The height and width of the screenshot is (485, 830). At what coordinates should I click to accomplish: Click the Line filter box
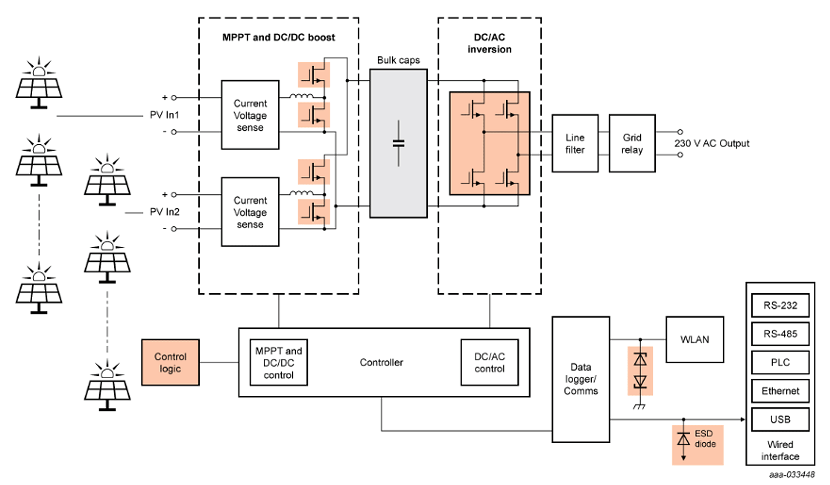(x=575, y=143)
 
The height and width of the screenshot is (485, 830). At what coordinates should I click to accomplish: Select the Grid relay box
(x=632, y=143)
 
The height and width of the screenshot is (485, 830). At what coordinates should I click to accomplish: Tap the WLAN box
(x=695, y=339)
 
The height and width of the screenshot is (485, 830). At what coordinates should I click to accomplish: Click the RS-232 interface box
(x=780, y=306)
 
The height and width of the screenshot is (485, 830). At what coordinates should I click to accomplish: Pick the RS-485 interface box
(x=780, y=334)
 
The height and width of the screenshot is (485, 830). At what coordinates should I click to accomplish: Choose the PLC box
(x=780, y=363)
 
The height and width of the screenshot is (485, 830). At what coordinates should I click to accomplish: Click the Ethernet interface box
(x=780, y=391)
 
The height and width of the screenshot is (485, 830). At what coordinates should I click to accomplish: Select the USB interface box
(x=780, y=420)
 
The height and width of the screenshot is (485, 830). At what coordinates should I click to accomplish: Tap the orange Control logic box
(x=170, y=363)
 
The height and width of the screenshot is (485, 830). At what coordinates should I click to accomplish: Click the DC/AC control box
(x=489, y=363)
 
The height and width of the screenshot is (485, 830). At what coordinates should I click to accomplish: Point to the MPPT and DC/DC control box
(x=278, y=363)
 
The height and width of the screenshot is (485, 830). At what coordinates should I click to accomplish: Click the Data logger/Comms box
(x=581, y=379)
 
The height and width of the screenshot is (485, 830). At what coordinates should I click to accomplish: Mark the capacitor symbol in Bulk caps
(x=398, y=143)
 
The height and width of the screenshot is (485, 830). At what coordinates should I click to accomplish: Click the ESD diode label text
(x=705, y=439)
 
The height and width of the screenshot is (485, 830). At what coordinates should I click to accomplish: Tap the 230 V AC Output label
(x=712, y=143)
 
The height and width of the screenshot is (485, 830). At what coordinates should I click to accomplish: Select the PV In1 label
(x=165, y=115)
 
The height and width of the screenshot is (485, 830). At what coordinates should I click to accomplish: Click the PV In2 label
(x=165, y=212)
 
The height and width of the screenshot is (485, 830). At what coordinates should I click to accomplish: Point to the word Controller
(x=381, y=363)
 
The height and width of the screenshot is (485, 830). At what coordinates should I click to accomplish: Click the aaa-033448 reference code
(x=792, y=475)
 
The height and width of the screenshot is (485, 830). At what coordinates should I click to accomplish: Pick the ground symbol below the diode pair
(x=639, y=407)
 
